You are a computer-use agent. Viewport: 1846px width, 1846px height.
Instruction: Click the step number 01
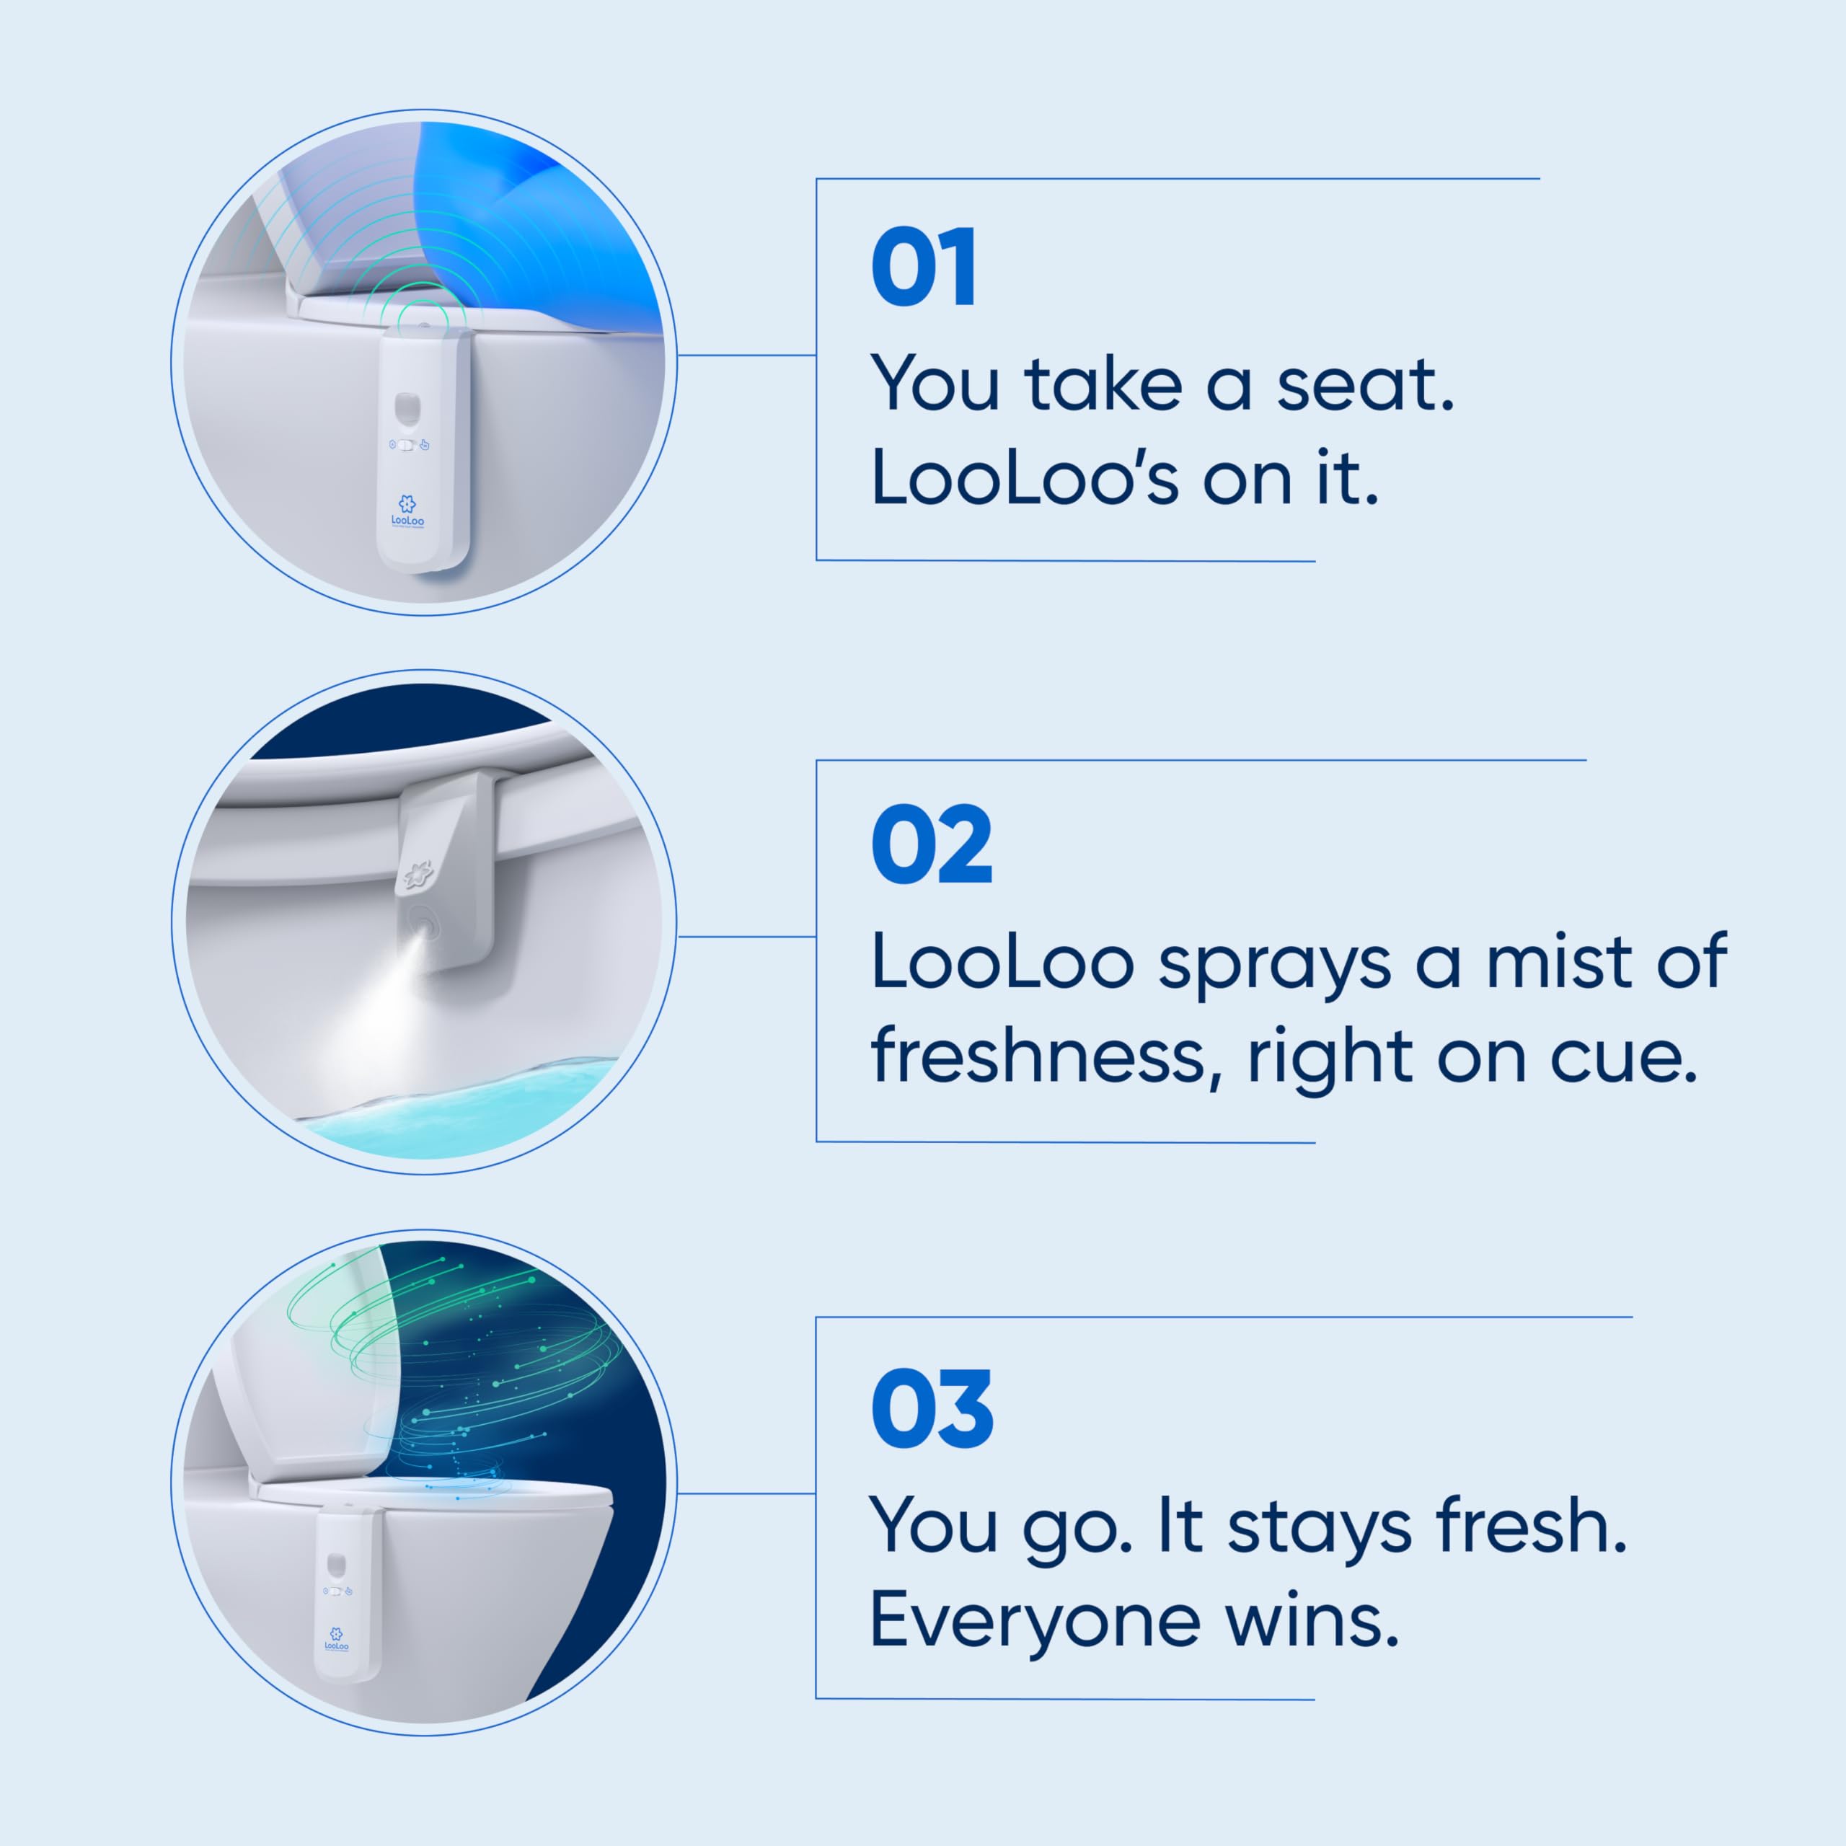coord(923,268)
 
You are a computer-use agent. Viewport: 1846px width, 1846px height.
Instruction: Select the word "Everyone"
coord(1034,1623)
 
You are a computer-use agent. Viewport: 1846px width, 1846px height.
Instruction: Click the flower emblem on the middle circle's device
coord(418,873)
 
